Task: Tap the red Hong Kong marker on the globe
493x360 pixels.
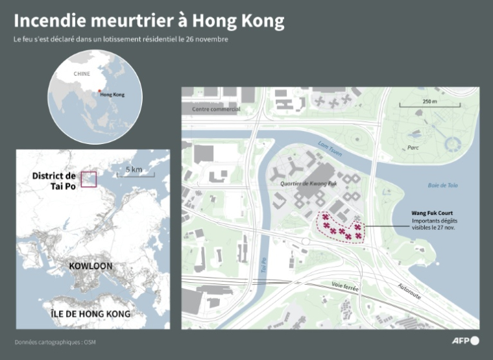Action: coord(99,91)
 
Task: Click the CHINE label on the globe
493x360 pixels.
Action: coord(82,74)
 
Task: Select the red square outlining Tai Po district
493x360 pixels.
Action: coord(88,178)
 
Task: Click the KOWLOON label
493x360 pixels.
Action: coord(91,266)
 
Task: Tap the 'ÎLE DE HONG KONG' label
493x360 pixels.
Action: coord(90,314)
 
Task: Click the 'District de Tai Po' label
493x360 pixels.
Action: coord(54,181)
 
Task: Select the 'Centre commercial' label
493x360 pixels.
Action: coord(216,109)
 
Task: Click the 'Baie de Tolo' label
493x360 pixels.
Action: coord(442,186)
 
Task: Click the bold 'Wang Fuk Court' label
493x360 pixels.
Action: coord(432,213)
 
